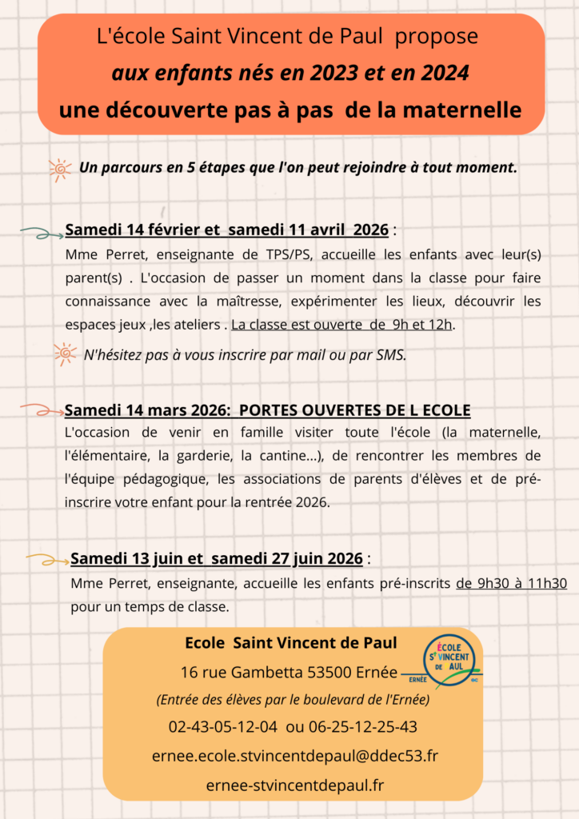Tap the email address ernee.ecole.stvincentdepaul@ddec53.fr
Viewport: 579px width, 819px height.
click(x=294, y=755)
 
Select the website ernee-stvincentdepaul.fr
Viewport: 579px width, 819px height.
click(x=294, y=784)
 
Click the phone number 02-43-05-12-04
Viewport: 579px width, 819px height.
click(x=223, y=727)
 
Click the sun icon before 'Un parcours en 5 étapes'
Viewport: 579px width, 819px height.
click(x=60, y=170)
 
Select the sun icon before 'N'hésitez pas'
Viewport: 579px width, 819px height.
click(x=65, y=354)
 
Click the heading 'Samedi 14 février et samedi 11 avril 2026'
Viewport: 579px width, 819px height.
click(x=227, y=230)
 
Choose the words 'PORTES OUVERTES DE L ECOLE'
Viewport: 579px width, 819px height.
click(x=354, y=410)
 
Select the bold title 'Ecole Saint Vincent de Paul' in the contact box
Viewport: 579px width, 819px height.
click(x=291, y=643)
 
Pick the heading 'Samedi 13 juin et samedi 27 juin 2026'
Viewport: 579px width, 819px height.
click(x=217, y=557)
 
